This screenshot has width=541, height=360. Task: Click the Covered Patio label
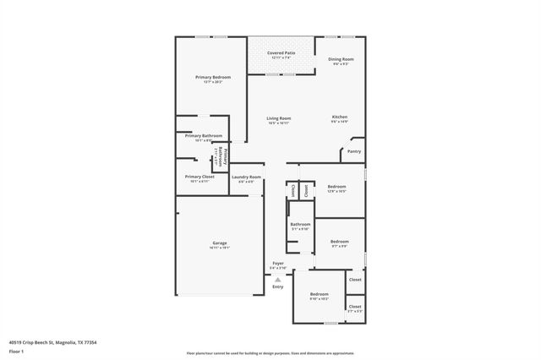[x=281, y=52]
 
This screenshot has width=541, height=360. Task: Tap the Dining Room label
[x=341, y=58]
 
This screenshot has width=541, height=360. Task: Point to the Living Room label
[x=279, y=118]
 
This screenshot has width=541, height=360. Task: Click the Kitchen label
[x=339, y=117]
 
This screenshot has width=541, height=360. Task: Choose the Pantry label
[x=354, y=151]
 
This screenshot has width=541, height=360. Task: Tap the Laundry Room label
[x=247, y=177]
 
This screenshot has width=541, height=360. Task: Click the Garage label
[x=219, y=243]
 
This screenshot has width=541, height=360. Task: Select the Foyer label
[x=278, y=264]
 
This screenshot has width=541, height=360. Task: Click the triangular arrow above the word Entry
[x=278, y=279]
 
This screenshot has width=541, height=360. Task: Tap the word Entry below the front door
[x=278, y=287]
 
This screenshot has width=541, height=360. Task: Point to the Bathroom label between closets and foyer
[x=300, y=224]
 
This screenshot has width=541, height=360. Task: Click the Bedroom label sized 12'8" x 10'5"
[x=336, y=186]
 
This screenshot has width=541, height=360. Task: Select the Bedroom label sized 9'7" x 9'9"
[x=339, y=242]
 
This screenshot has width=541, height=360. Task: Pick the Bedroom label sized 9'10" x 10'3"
[x=319, y=294]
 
